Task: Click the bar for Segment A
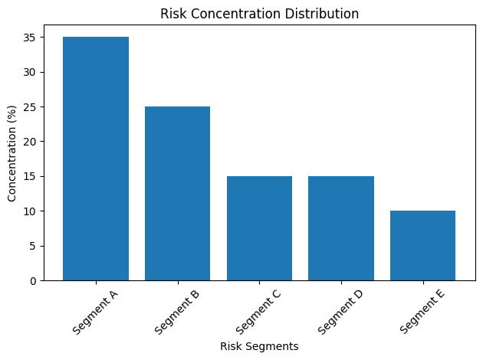point(96,159)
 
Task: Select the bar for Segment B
point(177,193)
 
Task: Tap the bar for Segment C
point(259,228)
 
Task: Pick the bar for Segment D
point(340,228)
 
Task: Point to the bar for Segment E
point(422,245)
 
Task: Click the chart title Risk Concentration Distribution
point(259,14)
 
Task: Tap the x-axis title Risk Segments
point(259,346)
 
